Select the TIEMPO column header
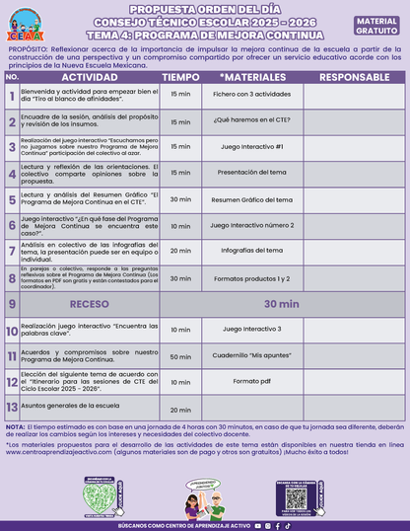(180, 76)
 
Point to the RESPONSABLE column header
(347, 76)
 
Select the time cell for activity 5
(180, 198)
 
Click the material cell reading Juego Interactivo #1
(251, 146)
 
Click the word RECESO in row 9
(88, 304)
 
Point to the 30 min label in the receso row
(297, 304)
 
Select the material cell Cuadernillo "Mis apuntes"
(251, 355)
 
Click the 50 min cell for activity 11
(180, 355)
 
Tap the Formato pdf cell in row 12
(251, 381)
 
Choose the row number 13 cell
(11, 407)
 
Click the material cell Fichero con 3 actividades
(251, 95)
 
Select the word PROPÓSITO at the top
(27, 47)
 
